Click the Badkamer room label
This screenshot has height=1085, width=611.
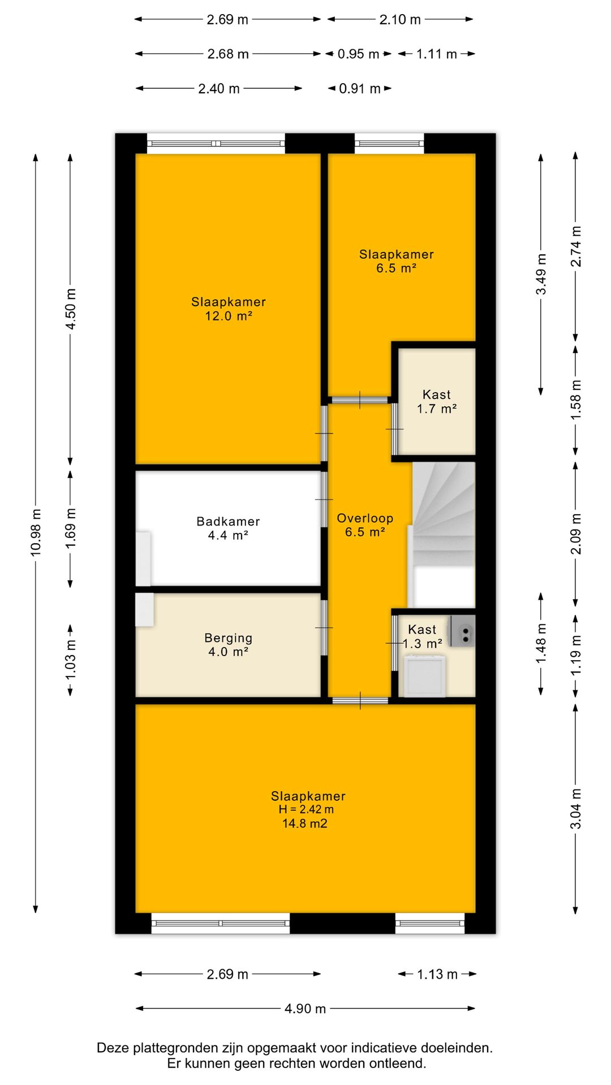click(x=228, y=528)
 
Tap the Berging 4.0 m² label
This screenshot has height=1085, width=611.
click(x=228, y=645)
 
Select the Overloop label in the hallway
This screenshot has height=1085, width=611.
click(x=365, y=518)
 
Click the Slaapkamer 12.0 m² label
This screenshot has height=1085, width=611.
click(x=228, y=309)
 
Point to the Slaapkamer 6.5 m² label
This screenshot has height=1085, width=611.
click(x=397, y=261)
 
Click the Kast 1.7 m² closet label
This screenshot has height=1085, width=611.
click(x=437, y=402)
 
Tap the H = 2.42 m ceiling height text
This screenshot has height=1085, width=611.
click(x=306, y=809)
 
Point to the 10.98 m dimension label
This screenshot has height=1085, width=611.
click(x=36, y=533)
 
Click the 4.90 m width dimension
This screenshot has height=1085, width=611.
click(x=305, y=1009)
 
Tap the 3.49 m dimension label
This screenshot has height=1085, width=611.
click(x=541, y=274)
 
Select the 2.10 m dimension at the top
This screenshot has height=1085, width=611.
click(x=400, y=20)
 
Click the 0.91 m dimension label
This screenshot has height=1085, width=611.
click(x=360, y=89)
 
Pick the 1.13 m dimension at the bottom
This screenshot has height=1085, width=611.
click(x=437, y=974)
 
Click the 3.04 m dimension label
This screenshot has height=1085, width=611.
click(x=575, y=809)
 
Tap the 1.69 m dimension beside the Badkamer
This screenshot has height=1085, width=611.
click(x=71, y=528)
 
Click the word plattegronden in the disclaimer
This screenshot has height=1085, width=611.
click(x=168, y=1048)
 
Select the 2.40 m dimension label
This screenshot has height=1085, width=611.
click(x=219, y=89)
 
